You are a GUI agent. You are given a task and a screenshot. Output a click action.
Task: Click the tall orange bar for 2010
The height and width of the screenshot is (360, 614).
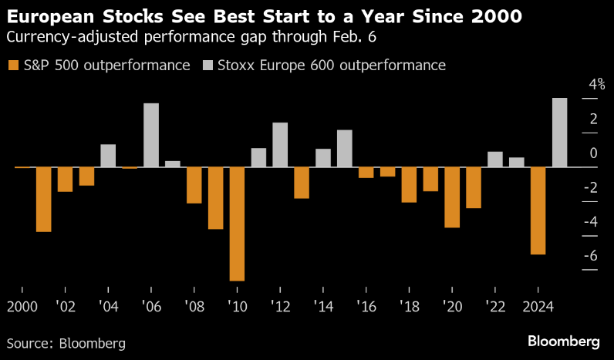click(x=237, y=224)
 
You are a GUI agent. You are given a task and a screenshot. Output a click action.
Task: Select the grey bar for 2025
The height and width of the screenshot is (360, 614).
click(x=559, y=133)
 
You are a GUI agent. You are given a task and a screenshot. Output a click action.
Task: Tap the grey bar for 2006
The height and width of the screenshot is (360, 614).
click(x=151, y=135)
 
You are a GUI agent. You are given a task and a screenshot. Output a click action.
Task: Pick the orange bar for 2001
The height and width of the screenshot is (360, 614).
click(x=44, y=199)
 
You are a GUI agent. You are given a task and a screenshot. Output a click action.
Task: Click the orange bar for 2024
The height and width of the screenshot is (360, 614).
click(x=538, y=210)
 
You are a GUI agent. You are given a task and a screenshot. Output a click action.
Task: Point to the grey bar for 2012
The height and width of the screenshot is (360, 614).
click(x=280, y=145)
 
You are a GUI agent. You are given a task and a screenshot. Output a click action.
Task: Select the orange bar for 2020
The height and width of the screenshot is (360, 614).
click(x=452, y=197)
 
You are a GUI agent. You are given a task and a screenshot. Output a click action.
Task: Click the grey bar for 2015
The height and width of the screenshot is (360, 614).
click(x=344, y=148)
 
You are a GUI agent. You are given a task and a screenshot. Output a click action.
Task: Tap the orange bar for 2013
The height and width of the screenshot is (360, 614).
click(x=302, y=183)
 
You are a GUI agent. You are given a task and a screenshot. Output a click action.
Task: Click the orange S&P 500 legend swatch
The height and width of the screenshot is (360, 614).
click(x=12, y=66)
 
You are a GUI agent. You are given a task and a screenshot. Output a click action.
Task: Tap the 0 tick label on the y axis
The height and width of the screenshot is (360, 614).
click(x=594, y=153)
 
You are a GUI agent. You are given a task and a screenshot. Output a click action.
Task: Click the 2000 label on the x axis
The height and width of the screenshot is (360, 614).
click(x=22, y=306)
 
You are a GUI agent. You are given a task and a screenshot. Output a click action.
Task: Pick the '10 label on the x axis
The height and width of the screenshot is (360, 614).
click(x=237, y=306)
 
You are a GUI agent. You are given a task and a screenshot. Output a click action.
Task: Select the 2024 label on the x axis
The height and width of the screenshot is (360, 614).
click(x=538, y=306)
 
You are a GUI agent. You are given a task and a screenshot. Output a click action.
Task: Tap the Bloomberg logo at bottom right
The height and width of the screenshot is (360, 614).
click(x=564, y=341)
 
